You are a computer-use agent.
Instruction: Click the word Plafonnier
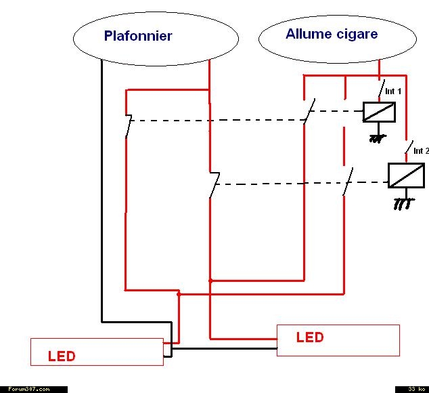pos(138,36)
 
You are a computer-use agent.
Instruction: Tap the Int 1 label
pos(393,91)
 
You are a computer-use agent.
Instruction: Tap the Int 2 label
pos(422,151)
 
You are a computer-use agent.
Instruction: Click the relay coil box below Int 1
pos(379,112)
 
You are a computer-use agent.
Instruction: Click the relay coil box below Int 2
pos(406,175)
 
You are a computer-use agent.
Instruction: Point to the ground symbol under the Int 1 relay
pos(378,138)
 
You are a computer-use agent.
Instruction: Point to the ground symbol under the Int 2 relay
pos(404,204)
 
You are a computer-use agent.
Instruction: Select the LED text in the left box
pos(62,356)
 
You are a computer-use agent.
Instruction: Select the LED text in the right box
pos(310,337)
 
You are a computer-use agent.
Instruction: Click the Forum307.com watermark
pos(29,389)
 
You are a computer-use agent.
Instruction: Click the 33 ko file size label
pos(416,389)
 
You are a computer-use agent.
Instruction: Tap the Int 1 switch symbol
pos(382,88)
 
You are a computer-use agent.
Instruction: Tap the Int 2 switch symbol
pos(409,147)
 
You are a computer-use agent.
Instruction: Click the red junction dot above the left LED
pos(179,294)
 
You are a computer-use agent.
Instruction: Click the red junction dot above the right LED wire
pos(210,281)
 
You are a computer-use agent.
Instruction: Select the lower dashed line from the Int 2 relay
pos(301,184)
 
